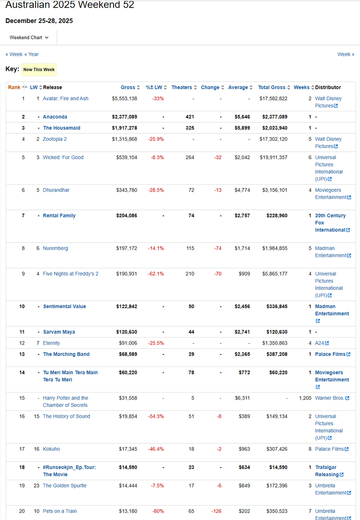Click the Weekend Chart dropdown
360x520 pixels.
pos(29,38)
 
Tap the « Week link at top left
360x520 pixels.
pos(14,54)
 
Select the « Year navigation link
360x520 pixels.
pos(32,54)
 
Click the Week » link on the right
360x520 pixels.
pos(346,54)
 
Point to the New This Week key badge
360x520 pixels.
pos(39,70)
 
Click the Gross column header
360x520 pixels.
pos(128,88)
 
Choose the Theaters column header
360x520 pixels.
pos(182,88)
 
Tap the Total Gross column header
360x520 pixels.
pos(272,88)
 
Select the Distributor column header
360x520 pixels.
pos(328,88)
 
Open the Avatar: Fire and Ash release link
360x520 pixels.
pos(65,99)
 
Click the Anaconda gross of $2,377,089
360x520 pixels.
pos(124,117)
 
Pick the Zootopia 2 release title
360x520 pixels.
pos(55,139)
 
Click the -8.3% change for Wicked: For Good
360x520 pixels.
pos(157,157)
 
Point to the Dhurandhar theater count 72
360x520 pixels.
pos(191,190)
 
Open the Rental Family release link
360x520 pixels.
pos(59,216)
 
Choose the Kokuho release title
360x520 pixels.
pos(52,449)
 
